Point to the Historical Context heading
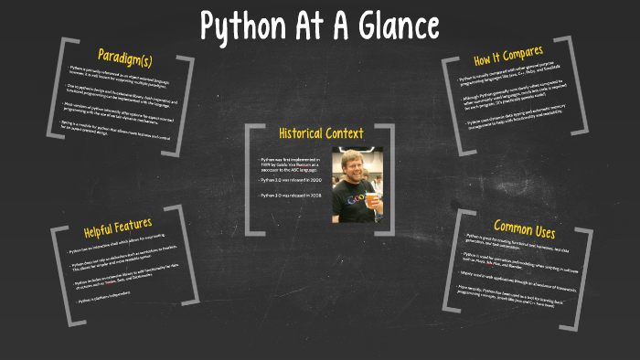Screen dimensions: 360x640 point(320,133)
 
